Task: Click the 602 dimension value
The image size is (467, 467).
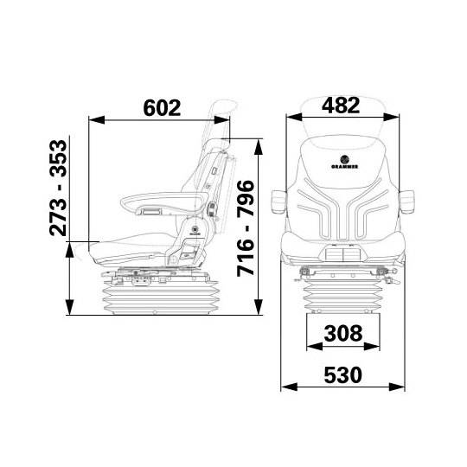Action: coord(161,108)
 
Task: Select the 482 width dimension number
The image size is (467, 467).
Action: coord(341,105)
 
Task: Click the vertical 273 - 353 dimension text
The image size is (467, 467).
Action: coord(58,187)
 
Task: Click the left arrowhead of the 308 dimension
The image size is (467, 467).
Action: coord(310,345)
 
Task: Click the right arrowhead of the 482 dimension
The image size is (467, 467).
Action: coord(382,118)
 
